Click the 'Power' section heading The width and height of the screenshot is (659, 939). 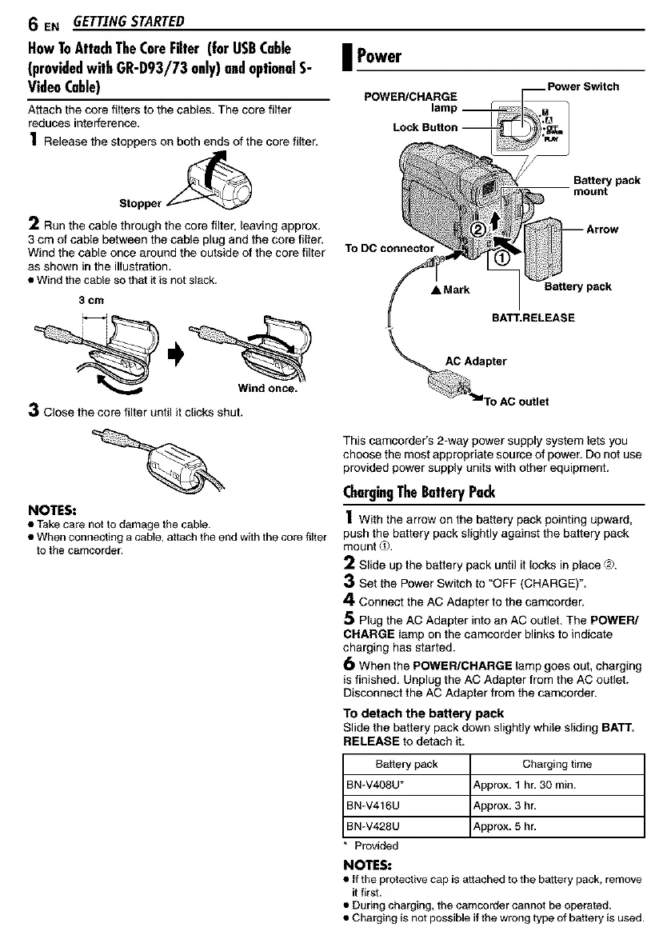[x=378, y=57]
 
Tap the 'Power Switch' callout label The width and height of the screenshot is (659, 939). [x=582, y=86]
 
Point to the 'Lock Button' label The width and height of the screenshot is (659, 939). [x=425, y=127]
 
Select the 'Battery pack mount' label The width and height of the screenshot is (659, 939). [x=606, y=186]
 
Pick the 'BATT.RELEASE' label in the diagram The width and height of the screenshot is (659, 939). [x=533, y=317]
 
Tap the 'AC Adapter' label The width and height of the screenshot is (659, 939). [x=476, y=360]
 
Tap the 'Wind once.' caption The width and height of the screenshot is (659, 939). [x=267, y=390]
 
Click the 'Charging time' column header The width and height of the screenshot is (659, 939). [x=557, y=764]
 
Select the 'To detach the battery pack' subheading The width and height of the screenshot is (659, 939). [x=423, y=713]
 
